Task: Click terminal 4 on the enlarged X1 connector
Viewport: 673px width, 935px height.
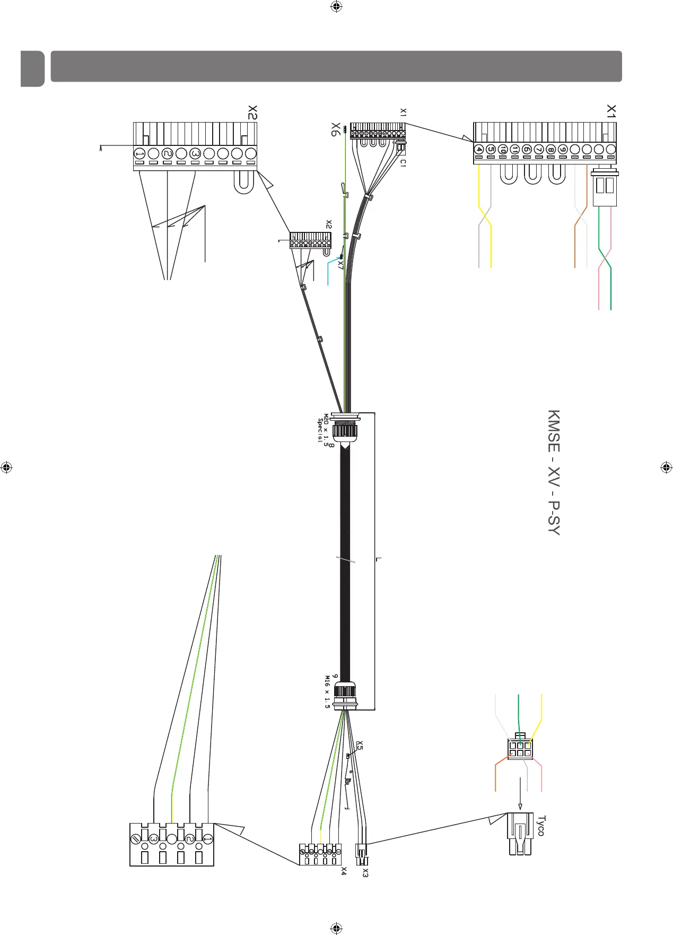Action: tap(479, 150)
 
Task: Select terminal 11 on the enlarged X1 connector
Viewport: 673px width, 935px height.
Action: tap(514, 150)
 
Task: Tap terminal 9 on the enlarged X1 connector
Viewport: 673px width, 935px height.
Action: tap(563, 150)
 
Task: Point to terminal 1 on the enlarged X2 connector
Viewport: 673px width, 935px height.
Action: tap(139, 154)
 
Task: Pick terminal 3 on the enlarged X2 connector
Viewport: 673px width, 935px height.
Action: tap(195, 154)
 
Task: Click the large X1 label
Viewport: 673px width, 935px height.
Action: tap(611, 110)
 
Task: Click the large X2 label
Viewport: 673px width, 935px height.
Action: tap(252, 112)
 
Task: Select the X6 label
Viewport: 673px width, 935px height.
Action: tap(335, 129)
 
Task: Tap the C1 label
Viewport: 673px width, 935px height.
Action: tap(403, 163)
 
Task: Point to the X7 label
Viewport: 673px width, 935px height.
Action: tap(340, 264)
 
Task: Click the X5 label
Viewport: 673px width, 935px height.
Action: tap(360, 746)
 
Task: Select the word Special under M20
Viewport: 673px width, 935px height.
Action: tap(320, 431)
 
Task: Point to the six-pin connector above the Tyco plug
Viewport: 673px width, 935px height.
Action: tap(520, 748)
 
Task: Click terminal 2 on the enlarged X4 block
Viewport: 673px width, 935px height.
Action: tap(189, 839)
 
